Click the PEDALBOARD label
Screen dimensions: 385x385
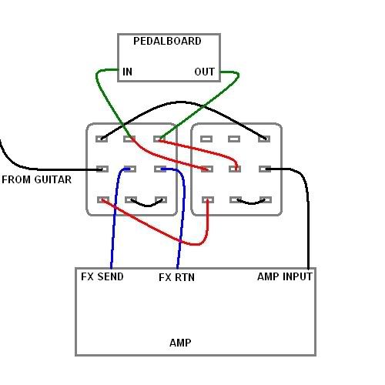(167, 41)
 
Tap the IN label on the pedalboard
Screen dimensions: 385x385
(127, 72)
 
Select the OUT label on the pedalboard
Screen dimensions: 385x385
(204, 72)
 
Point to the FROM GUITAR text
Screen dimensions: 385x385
(36, 179)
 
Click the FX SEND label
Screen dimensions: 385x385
(102, 276)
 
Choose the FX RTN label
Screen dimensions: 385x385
(176, 277)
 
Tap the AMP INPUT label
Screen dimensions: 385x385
(285, 276)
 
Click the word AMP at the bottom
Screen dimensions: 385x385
(180, 343)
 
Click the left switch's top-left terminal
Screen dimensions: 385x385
(102, 139)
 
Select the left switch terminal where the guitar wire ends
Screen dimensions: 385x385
(102, 169)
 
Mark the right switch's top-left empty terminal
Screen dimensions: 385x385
(206, 139)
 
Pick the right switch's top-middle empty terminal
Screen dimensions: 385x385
(234, 139)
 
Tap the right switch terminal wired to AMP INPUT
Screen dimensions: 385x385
(265, 169)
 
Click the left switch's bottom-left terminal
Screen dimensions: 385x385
(103, 199)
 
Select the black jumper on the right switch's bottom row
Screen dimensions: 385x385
(252, 203)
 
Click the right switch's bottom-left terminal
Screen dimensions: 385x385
(208, 199)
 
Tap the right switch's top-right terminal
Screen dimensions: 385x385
(264, 139)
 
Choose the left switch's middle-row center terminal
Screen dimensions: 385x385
(130, 169)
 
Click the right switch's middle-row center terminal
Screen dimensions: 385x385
(235, 169)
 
